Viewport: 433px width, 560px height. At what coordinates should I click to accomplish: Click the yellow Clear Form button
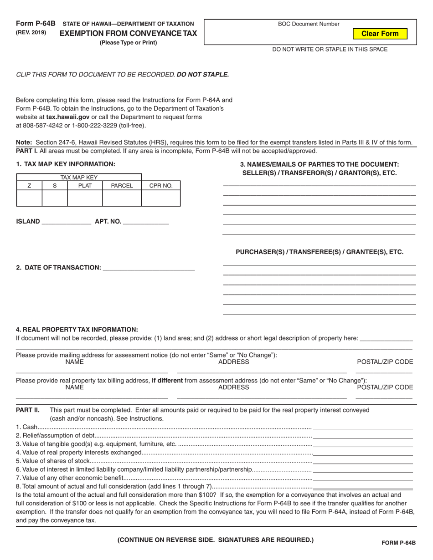pyautogui.click(x=380, y=34)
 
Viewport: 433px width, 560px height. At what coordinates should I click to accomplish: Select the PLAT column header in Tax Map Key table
pyautogui.click(x=85, y=186)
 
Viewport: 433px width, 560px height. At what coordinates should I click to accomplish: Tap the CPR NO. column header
pyautogui.click(x=161, y=186)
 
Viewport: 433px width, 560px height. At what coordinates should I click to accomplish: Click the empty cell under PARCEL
pyautogui.click(x=122, y=198)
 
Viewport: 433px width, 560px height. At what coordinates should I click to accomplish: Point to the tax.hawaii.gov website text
pyautogui.click(x=67, y=117)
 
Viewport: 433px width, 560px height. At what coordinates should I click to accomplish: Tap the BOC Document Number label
pyautogui.click(x=309, y=24)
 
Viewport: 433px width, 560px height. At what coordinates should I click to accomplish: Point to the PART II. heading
pyautogui.click(x=28, y=410)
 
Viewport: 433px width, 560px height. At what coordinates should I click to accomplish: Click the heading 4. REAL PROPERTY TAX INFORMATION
pyautogui.click(x=77, y=329)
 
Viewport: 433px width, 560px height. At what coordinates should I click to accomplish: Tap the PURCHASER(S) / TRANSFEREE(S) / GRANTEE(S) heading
pyautogui.click(x=319, y=252)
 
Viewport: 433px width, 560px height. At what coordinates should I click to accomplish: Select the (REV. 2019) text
pyautogui.click(x=31, y=32)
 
